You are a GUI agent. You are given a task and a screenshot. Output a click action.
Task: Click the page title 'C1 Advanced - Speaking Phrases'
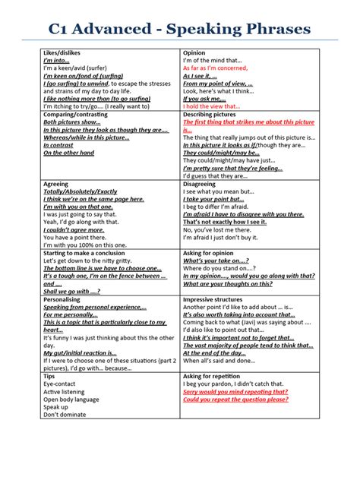click(x=179, y=29)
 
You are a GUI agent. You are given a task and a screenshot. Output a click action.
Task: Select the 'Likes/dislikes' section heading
click(x=64, y=53)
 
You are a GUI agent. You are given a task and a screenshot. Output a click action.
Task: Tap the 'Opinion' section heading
click(x=195, y=53)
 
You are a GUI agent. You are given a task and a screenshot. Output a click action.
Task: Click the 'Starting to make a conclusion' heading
click(x=87, y=253)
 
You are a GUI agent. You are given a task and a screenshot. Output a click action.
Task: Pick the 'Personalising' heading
click(x=63, y=299)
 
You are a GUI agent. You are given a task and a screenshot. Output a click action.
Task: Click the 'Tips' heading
click(x=49, y=376)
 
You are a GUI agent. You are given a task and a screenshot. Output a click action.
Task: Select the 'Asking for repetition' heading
click(x=215, y=376)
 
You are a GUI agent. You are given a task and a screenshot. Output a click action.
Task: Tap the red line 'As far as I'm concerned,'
click(x=220, y=68)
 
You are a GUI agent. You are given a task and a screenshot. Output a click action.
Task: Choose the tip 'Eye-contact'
click(x=62, y=384)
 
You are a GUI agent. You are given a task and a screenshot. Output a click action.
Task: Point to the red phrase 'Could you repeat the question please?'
click(x=235, y=399)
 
